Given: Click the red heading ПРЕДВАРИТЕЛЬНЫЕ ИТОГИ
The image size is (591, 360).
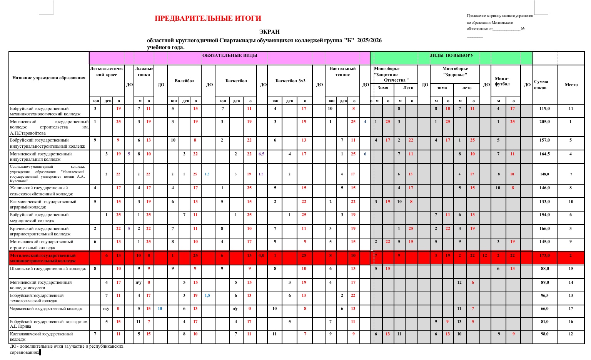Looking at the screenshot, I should click(x=208, y=18).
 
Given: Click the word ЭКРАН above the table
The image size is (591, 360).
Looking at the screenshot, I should click(x=269, y=32).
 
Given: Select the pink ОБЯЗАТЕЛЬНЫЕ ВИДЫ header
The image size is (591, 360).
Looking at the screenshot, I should click(x=230, y=56).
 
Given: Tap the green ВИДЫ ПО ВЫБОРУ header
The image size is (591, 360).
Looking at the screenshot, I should click(x=451, y=56).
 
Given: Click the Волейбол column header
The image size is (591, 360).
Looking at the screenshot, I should click(x=185, y=81).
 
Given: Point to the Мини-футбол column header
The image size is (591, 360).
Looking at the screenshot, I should click(x=502, y=81).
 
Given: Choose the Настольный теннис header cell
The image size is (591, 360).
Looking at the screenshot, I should click(x=342, y=72).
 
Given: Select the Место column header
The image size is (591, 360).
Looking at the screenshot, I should click(x=571, y=85).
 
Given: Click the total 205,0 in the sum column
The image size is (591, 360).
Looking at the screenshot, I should click(x=544, y=122).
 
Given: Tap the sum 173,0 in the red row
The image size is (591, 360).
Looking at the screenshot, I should click(x=544, y=256).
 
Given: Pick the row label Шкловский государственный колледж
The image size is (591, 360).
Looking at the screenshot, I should click(x=48, y=269).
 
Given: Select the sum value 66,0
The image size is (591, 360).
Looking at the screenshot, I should click(x=545, y=309).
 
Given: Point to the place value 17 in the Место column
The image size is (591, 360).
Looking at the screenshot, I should click(x=571, y=309).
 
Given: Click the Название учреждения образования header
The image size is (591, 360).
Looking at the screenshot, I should click(x=49, y=78).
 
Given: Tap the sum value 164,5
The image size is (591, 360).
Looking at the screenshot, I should click(x=544, y=154).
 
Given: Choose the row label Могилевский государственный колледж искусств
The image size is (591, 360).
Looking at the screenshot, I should click(x=41, y=285).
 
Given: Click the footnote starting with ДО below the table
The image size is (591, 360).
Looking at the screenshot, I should click(x=66, y=349).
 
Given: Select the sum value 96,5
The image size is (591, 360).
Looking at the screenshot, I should click(x=545, y=296).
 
